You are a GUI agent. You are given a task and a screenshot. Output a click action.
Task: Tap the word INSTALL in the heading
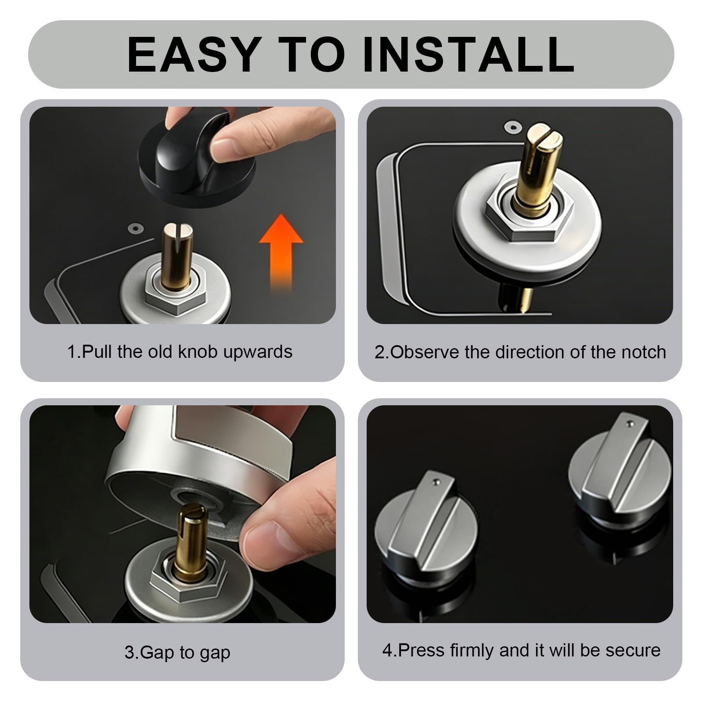pos(469,54)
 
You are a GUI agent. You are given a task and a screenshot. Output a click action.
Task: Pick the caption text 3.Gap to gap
pos(177,653)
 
